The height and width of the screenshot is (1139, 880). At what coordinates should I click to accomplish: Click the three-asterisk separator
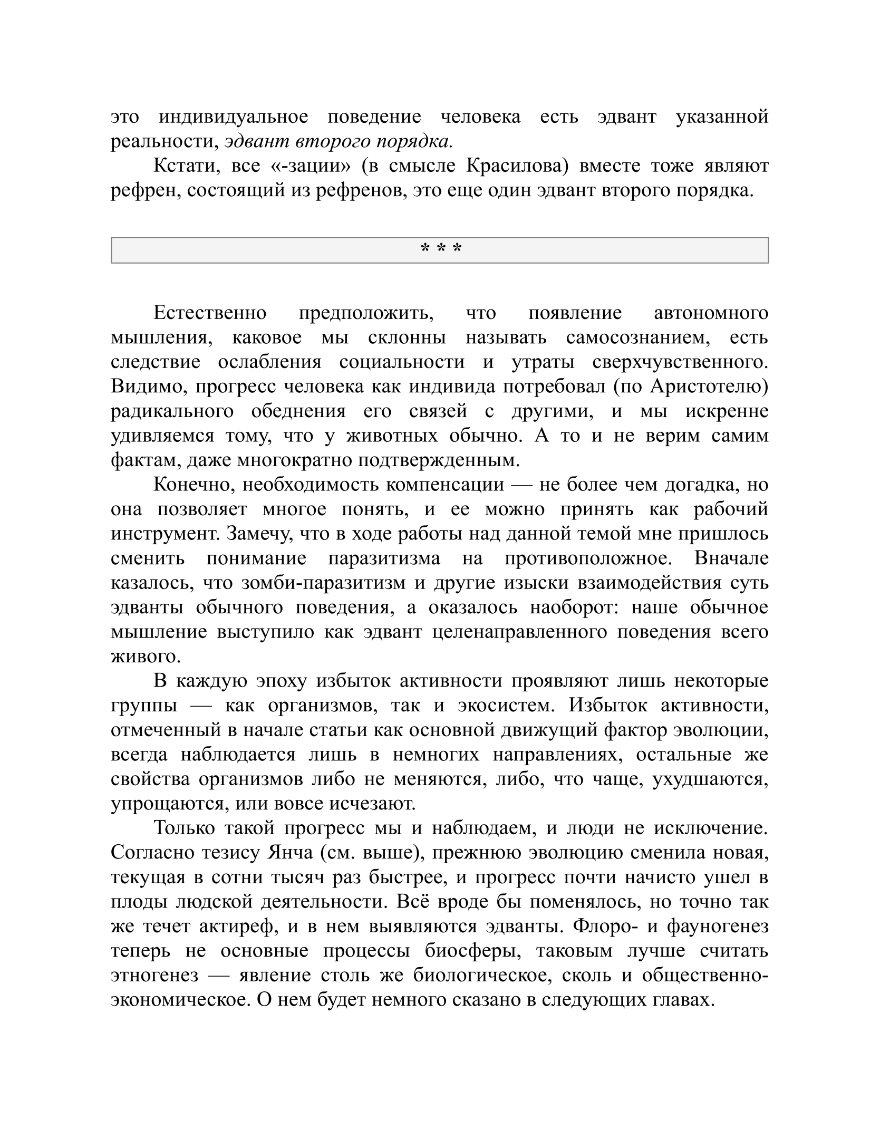pos(440,248)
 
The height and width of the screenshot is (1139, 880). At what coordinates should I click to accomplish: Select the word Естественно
pos(210,313)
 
